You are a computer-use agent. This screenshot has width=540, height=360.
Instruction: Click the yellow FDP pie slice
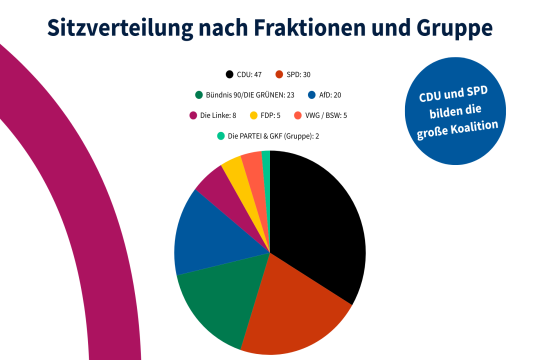pos(237,169)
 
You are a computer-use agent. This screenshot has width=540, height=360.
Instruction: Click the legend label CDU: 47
pos(250,75)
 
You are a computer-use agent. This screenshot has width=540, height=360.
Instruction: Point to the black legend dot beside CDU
pos(229,75)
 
